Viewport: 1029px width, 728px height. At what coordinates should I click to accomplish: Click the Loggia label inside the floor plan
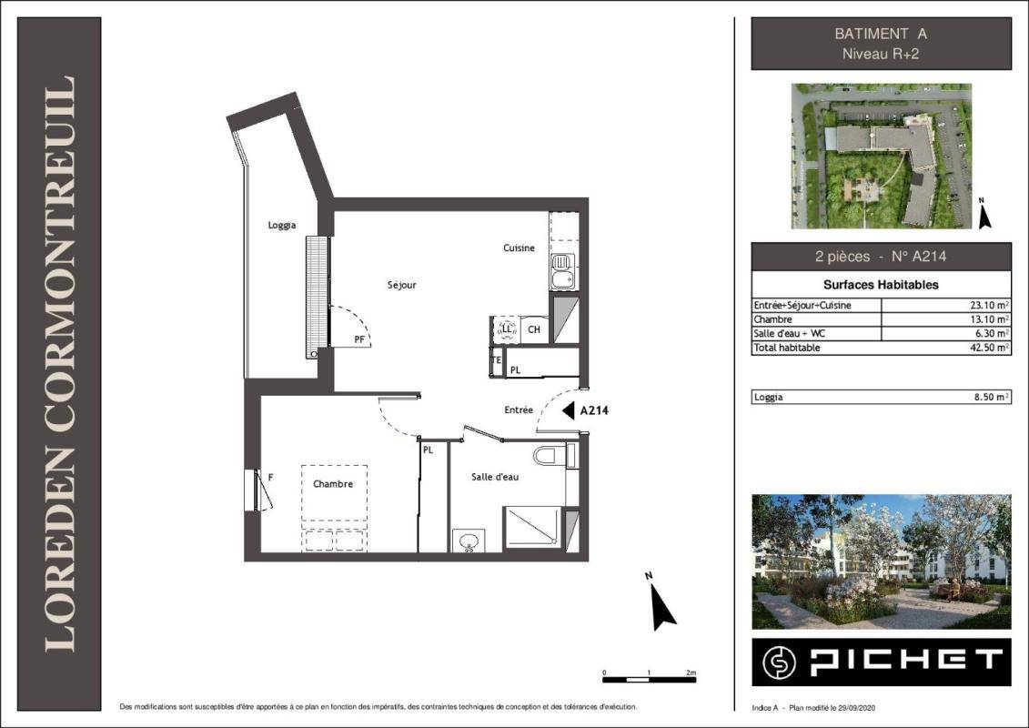point(281,225)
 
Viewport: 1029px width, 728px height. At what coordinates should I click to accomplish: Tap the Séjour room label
point(401,285)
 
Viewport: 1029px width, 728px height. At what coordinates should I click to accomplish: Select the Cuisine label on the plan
point(520,248)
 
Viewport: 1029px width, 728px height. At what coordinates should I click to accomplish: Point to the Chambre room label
point(333,484)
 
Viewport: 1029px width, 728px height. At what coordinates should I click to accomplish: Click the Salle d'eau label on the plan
point(495,477)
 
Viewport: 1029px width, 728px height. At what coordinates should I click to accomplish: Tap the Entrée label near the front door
point(519,409)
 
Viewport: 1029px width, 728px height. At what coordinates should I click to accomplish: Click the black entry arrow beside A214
point(569,410)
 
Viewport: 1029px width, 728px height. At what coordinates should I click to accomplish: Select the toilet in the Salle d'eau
point(545,454)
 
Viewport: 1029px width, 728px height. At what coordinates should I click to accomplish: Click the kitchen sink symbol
point(563,272)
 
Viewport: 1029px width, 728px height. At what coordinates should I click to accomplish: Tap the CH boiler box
point(534,329)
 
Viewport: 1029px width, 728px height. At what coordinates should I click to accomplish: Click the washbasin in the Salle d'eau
point(469,541)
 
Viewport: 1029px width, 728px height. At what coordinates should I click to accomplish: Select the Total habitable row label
point(787,348)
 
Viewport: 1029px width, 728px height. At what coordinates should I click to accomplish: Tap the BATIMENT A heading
point(881,34)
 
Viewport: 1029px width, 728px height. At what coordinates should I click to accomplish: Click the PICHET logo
point(882,662)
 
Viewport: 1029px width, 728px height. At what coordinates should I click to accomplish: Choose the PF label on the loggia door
point(359,339)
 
